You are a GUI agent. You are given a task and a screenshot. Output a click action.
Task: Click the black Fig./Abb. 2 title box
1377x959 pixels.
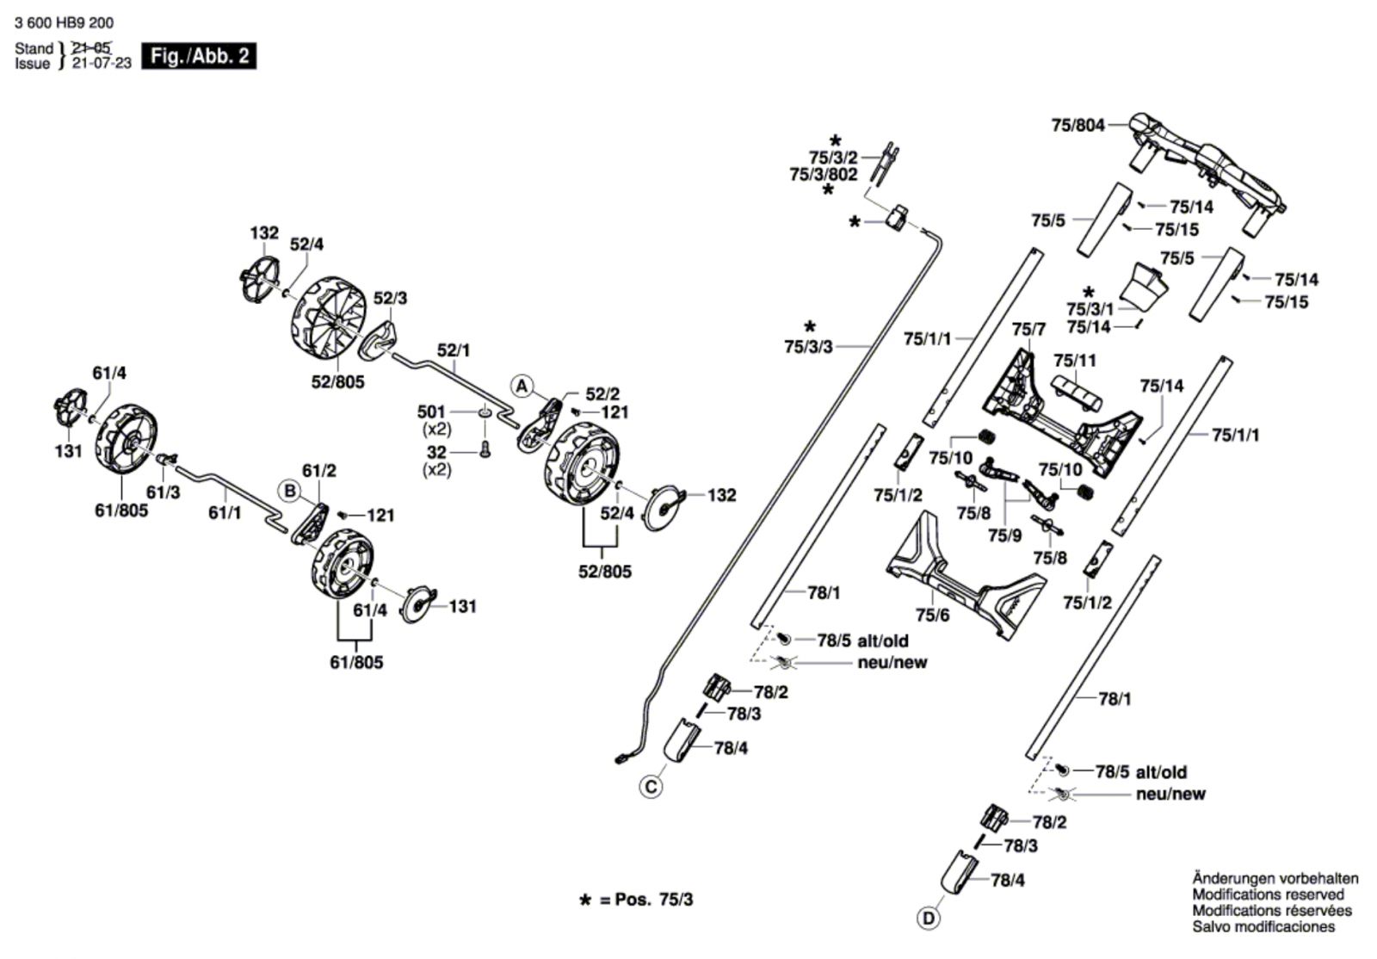click(199, 56)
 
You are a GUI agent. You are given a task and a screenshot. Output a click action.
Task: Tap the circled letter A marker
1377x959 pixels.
click(522, 387)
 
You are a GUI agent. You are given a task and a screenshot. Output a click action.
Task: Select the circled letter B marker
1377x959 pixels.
click(289, 492)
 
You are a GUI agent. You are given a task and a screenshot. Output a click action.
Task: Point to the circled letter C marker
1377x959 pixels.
click(651, 787)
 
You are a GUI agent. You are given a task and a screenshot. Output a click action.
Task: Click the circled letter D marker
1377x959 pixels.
click(929, 919)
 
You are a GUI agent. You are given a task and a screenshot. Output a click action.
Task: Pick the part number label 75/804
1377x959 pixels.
click(1078, 126)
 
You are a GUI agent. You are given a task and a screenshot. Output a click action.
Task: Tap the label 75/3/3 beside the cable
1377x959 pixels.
click(808, 347)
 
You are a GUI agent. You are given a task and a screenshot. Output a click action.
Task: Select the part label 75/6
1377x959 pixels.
click(933, 614)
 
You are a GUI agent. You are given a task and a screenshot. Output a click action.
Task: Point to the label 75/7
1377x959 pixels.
click(1029, 330)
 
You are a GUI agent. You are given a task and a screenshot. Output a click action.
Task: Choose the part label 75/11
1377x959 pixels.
click(1075, 360)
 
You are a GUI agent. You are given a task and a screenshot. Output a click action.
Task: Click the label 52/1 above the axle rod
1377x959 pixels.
click(454, 350)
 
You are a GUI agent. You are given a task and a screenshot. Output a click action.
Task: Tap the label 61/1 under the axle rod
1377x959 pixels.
click(225, 512)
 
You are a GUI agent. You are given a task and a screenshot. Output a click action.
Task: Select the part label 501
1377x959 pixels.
click(431, 411)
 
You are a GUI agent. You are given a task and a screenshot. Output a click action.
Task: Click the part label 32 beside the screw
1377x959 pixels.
click(436, 453)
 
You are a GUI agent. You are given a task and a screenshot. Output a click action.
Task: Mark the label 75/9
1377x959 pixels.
click(1005, 535)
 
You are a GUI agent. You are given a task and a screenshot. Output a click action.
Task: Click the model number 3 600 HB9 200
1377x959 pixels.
click(64, 22)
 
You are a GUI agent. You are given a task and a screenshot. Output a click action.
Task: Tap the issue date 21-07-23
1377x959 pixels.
click(102, 64)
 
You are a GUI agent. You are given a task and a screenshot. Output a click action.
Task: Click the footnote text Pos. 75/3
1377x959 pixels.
click(654, 900)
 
